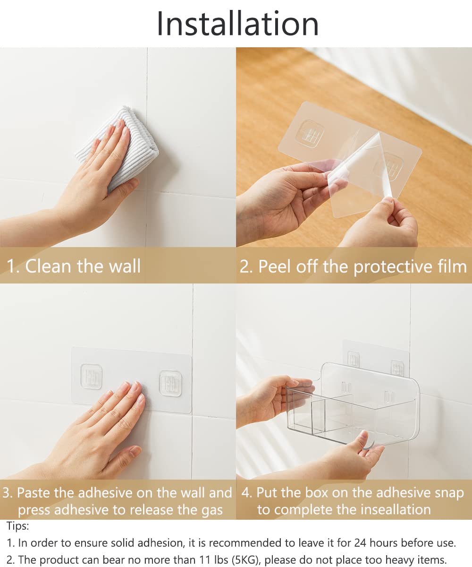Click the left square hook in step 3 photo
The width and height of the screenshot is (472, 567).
click(91, 377)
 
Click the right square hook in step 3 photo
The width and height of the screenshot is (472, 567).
click(170, 383)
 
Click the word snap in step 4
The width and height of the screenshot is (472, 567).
click(449, 493)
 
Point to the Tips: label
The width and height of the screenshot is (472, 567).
click(17, 526)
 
